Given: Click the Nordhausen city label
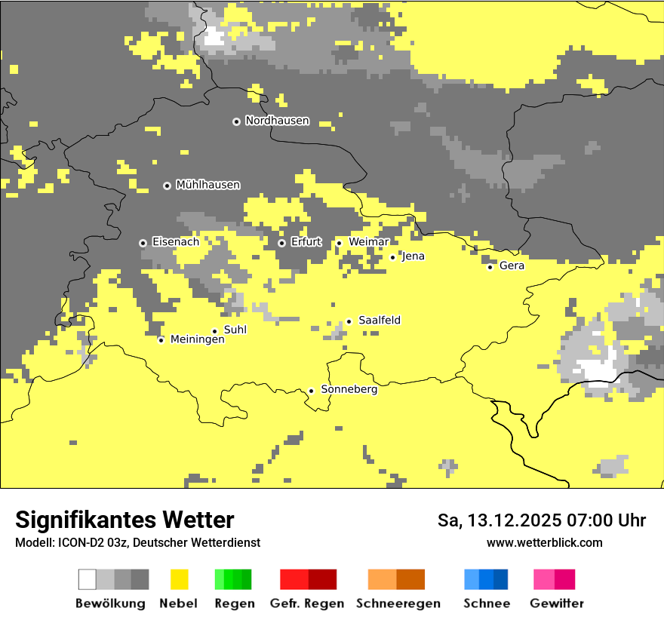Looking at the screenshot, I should (277, 121).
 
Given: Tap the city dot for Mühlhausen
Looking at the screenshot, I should (167, 186).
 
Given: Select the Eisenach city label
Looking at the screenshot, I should (176, 242).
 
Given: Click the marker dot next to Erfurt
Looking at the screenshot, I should (281, 243).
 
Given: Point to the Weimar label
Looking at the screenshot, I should (369, 241).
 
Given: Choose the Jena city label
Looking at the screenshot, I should (413, 256).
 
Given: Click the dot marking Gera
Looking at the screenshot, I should (490, 267).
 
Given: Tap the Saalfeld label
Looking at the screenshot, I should (380, 321).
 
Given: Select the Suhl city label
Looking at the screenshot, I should (235, 330).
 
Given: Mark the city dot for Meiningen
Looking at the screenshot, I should (161, 340).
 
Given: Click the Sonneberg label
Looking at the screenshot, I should (349, 390).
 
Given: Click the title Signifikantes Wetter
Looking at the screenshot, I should (124, 520).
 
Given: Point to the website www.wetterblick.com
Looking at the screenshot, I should (544, 543).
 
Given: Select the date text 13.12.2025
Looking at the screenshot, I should (512, 520).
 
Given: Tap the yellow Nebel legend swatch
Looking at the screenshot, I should (179, 579).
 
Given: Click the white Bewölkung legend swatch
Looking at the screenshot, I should (88, 579).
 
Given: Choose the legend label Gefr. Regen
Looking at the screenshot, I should (306, 603).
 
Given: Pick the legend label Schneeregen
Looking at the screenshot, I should (398, 603).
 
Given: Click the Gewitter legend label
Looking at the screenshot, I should (556, 603).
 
